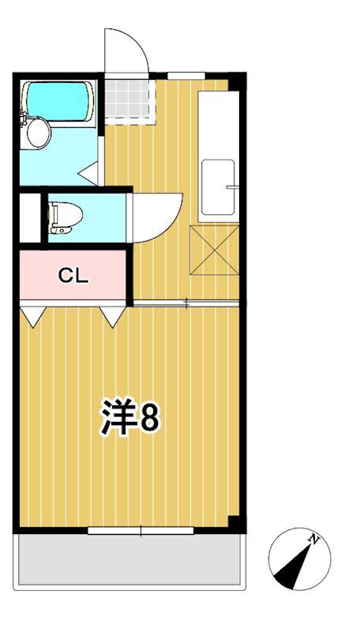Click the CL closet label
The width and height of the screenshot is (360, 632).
click(x=73, y=276)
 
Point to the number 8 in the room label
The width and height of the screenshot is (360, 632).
click(x=148, y=418)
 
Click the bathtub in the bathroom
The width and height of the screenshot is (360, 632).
click(x=59, y=101)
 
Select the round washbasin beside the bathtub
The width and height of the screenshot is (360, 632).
click(x=37, y=133)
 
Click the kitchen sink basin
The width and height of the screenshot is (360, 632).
click(x=218, y=187)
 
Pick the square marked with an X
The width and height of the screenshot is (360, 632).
click(x=214, y=250)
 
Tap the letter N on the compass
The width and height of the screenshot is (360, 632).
click(x=313, y=538)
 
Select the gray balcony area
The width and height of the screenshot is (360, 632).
click(x=129, y=559)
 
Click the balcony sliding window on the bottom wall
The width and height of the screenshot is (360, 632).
click(x=141, y=531)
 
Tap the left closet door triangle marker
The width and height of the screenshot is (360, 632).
click(x=33, y=315)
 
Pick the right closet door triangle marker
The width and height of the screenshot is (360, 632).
click(x=112, y=315)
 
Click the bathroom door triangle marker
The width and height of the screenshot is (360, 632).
click(x=88, y=173)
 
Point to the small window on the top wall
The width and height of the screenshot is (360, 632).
click(x=186, y=75)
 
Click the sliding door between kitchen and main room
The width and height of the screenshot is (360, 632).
click(x=186, y=303)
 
